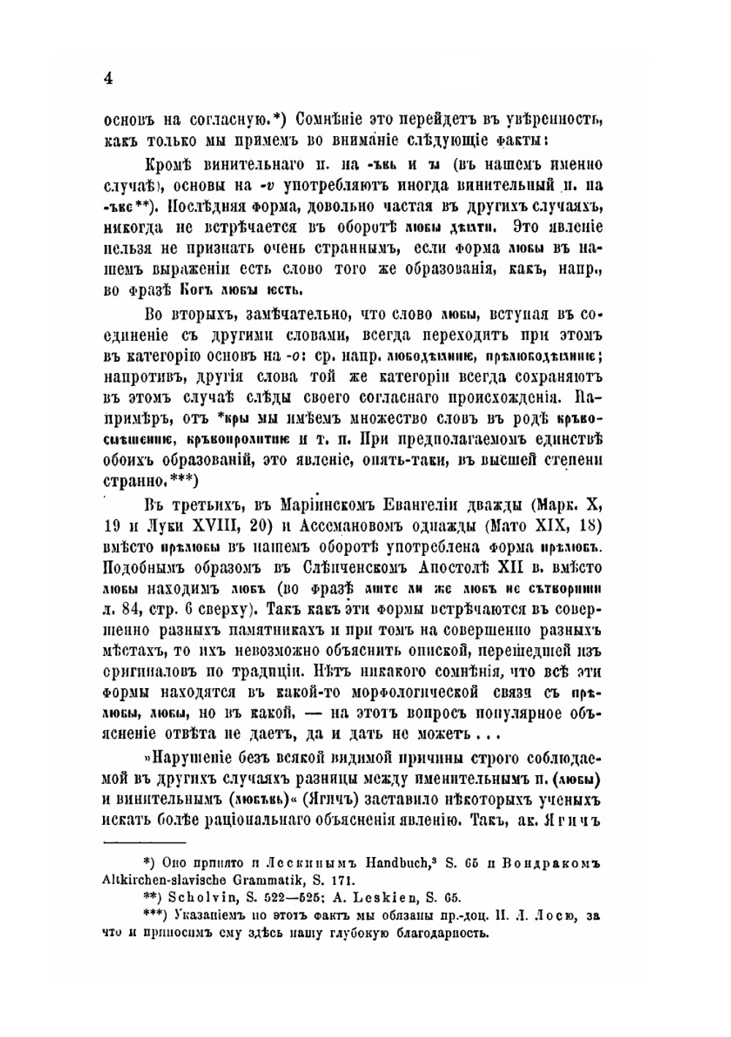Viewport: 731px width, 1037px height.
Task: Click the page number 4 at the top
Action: pyautogui.click(x=107, y=78)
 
